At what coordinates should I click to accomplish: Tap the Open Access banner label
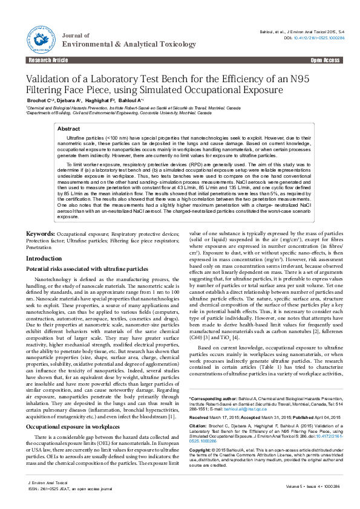[325, 60]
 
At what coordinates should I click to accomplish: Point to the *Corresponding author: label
[214, 400]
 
